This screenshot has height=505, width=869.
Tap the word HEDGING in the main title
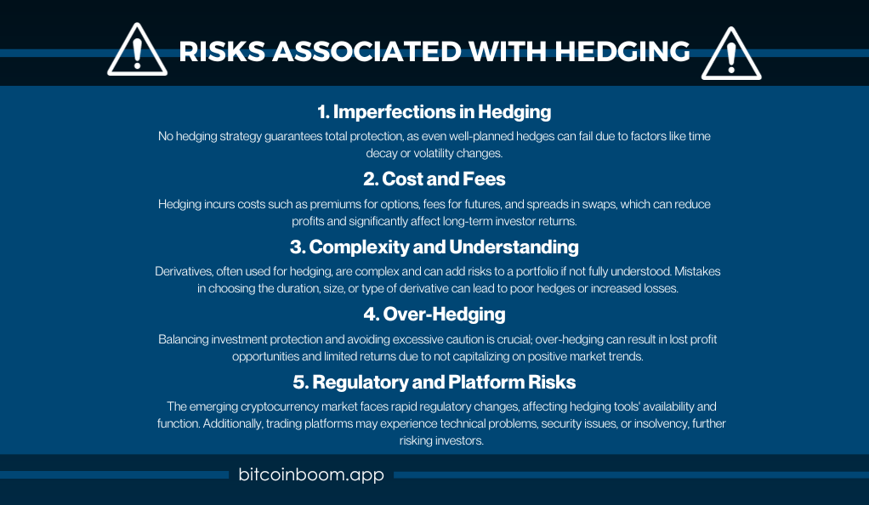click(622, 52)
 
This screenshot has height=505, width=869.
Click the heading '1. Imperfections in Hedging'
click(434, 112)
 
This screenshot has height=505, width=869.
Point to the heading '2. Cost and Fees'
click(434, 179)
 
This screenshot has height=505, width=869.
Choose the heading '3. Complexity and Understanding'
click(434, 247)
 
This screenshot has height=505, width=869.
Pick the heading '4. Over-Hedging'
click(434, 315)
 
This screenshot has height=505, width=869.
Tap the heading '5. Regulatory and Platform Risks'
click(434, 383)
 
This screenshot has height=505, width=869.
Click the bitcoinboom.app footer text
click(311, 474)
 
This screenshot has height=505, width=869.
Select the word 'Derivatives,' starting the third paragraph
click(184, 271)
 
